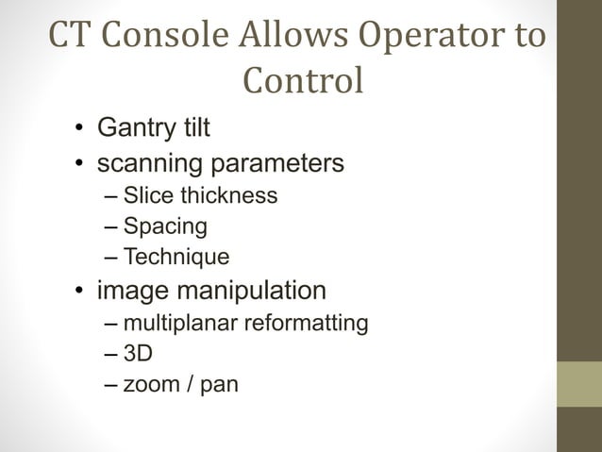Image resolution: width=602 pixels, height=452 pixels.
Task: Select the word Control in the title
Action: click(302, 81)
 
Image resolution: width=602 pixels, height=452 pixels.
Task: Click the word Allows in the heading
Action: click(284, 36)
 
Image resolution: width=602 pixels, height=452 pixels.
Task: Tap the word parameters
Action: click(276, 164)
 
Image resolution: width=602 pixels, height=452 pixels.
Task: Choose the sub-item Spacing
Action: click(165, 226)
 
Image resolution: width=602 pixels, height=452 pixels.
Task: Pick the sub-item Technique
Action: click(176, 257)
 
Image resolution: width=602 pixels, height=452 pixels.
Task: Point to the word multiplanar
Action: click(181, 324)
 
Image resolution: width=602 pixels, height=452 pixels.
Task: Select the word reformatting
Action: click(307, 324)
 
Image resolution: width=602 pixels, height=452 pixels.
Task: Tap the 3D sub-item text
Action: click(138, 354)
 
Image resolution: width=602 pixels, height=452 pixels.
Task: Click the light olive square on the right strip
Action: click(578, 384)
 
